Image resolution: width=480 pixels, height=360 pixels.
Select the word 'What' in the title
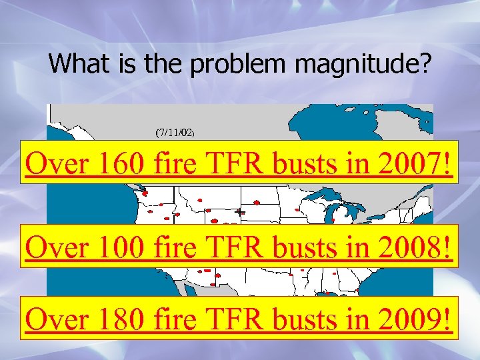[73, 64]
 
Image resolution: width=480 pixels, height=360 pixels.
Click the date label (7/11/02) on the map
[175, 133]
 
